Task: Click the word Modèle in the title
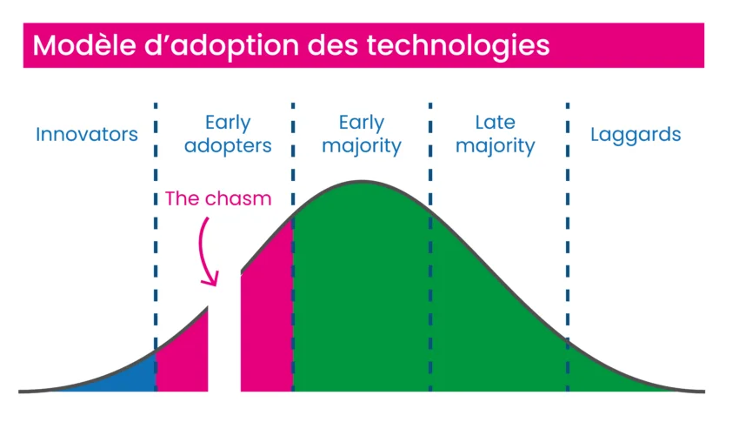pos(84,46)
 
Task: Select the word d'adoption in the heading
pos(222,47)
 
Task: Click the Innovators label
pos(87,134)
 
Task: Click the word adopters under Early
pos(228,146)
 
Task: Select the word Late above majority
pos(495,123)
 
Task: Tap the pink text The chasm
pos(218,198)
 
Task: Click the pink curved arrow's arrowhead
pos(210,278)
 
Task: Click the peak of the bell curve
pos(362,181)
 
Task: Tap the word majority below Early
pos(362,146)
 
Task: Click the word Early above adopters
pos(228,123)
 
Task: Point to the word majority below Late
pos(495,146)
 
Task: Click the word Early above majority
pos(362,123)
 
